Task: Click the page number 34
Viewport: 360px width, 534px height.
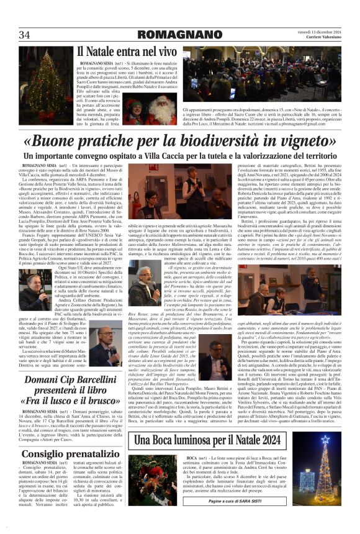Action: tap(25, 35)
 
